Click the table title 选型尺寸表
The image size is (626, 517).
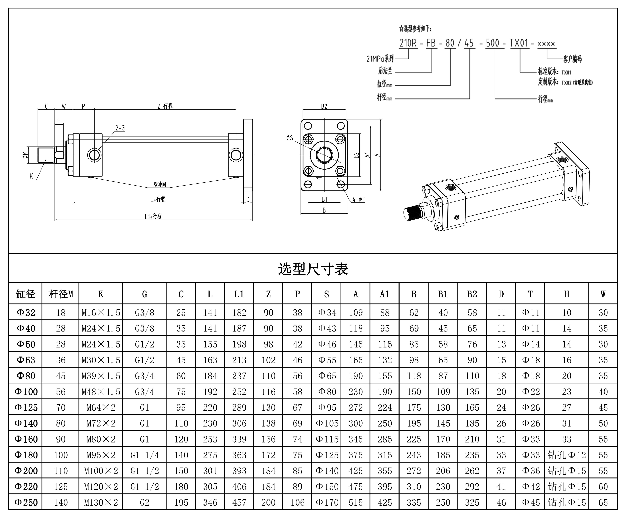pos(313,269)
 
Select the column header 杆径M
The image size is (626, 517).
pos(61,294)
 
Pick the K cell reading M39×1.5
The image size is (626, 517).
pos(101,376)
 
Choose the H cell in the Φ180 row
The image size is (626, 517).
pos(567,455)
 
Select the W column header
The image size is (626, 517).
pos(603,294)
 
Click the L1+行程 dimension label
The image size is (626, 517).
pos(153,217)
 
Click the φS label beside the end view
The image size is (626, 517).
pos(290,138)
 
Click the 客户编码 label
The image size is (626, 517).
pos(572,59)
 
